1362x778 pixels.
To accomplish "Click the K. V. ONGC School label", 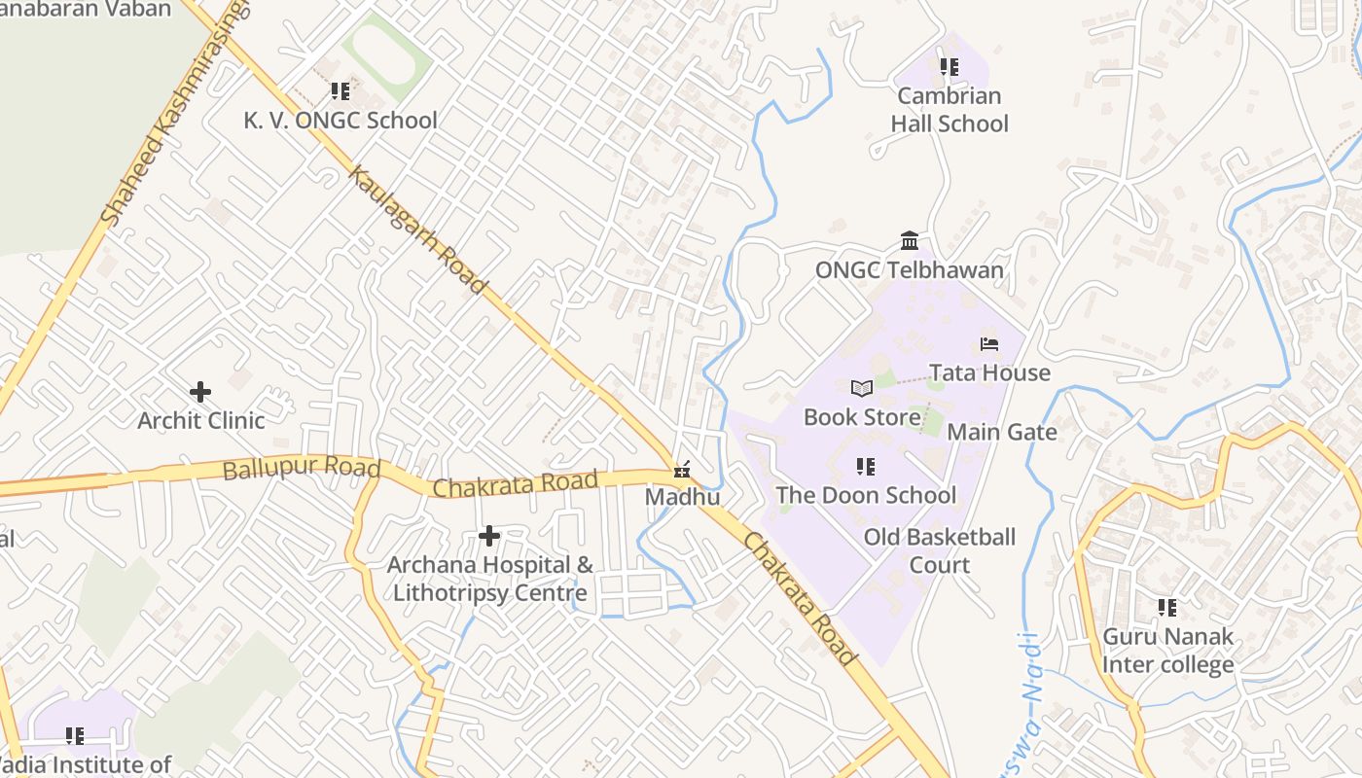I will (340, 121).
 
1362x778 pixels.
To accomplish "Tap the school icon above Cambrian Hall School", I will (949, 67).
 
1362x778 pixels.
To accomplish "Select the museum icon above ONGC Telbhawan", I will (910, 240).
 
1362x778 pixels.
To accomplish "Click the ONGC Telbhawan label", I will (909, 270).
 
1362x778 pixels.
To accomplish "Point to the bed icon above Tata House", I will (989, 344).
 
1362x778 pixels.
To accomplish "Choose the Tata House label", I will (989, 373).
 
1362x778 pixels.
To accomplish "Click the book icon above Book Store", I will (861, 388).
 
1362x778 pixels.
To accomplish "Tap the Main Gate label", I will (1001, 432).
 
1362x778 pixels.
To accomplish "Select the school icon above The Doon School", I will (865, 467).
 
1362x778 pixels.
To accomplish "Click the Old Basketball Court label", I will (939, 550).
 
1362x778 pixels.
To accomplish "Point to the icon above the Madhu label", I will (682, 471).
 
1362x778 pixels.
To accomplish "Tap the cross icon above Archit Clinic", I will (200, 392).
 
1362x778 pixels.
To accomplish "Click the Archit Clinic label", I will (200, 421).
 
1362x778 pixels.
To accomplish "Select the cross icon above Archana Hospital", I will (489, 536).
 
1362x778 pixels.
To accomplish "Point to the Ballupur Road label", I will (301, 470).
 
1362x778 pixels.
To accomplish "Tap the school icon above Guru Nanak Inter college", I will (1167, 608).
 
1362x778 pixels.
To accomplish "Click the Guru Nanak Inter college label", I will (1167, 651).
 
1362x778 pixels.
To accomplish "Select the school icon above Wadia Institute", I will (75, 736).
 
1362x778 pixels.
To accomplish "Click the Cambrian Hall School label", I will (950, 110).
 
